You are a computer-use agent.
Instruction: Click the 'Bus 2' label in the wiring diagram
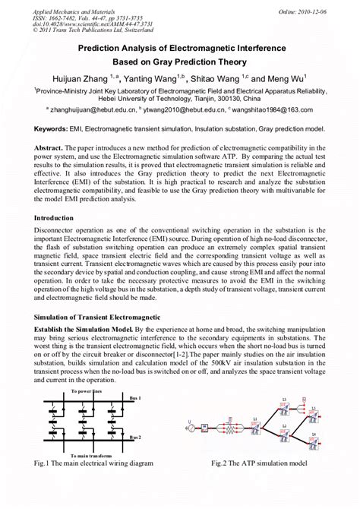click(134, 460)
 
